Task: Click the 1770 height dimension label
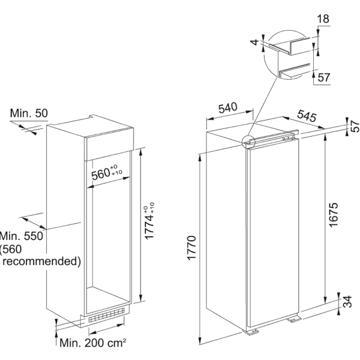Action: [191, 248]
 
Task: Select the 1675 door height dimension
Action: [333, 215]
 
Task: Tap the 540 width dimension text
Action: [228, 108]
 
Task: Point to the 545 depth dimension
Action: [307, 116]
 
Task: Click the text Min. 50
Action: [29, 113]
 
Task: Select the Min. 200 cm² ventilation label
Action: [93, 343]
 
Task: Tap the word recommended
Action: [42, 261]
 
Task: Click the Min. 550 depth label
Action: [22, 236]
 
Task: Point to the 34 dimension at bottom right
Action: [347, 301]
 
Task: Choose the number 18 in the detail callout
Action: [323, 19]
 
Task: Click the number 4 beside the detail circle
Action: [254, 42]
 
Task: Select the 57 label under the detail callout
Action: [324, 77]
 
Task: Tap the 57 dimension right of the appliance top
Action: [355, 126]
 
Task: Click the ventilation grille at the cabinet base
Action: [106, 315]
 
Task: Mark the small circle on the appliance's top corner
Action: [248, 142]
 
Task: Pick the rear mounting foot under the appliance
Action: [294, 319]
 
